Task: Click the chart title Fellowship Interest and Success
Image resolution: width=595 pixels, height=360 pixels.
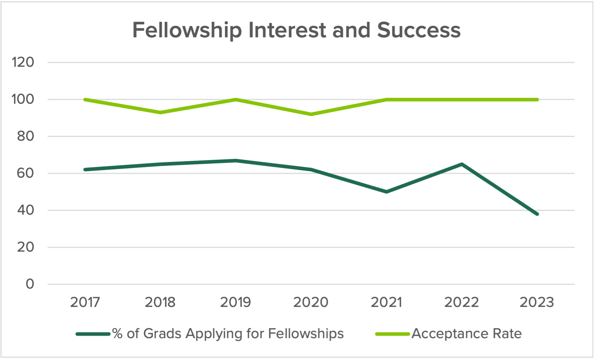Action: pos(296,30)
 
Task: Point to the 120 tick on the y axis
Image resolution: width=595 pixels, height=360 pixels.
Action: pos(23,62)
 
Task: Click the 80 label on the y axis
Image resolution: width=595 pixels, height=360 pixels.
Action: pos(25,136)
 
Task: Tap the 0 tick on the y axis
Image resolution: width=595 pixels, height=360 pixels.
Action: pos(30,284)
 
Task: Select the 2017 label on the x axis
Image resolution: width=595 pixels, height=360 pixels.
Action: pos(85,302)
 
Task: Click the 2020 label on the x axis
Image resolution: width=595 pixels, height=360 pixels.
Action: pos(311,302)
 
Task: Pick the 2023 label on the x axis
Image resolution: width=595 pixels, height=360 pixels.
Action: pos(537,302)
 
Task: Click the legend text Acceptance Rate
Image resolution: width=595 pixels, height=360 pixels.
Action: pos(466,334)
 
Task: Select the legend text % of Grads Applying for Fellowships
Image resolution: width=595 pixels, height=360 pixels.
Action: pos(228,334)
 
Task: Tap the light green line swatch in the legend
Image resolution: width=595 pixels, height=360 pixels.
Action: pos(392,334)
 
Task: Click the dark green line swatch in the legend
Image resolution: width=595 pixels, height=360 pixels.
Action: pos(93,334)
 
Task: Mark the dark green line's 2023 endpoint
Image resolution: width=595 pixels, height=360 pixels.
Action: pos(537,214)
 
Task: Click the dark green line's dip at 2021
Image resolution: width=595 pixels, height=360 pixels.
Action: pos(386,192)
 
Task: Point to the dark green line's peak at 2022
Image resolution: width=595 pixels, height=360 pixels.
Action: pos(462,164)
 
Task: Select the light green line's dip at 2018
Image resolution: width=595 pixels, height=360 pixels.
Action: pos(160,112)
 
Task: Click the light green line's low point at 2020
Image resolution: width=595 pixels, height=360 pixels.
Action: pos(311,114)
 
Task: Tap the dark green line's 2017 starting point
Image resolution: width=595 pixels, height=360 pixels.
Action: pos(85,169)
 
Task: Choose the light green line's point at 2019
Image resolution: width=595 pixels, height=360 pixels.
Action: pos(236,99)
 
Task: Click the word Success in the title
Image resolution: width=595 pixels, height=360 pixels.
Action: pos(419,30)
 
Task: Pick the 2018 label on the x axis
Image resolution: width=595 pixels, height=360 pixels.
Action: pos(160,302)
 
